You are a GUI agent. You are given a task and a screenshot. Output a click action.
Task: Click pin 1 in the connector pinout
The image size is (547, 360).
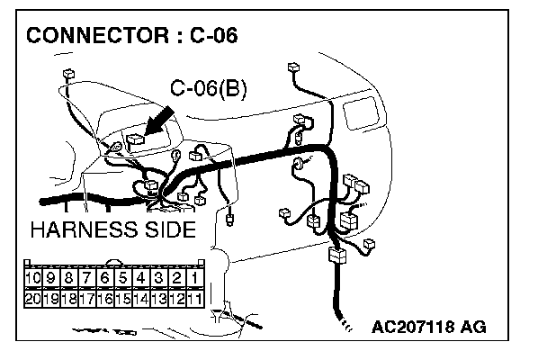coord(194,278)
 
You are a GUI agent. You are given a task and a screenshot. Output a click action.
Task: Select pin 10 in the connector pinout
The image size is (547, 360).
coord(33,278)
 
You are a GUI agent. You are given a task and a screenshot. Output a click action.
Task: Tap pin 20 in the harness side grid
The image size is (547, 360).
coord(33,299)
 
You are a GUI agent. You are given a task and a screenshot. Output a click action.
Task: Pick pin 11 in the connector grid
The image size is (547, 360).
coord(194,299)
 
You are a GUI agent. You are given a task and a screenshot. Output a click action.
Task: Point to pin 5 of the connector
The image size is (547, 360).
coord(122,278)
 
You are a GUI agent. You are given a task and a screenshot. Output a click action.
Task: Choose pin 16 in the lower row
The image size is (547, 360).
coord(105,299)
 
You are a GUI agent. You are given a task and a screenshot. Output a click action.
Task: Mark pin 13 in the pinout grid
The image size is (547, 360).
coord(158,299)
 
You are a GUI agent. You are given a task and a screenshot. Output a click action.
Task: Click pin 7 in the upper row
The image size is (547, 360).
coord(87,278)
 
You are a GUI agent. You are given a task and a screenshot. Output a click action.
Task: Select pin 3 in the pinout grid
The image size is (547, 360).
coord(158,278)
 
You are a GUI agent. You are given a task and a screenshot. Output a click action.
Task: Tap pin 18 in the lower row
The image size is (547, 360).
coord(69,299)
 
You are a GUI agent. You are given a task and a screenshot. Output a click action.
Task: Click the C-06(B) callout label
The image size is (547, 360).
coord(208,88)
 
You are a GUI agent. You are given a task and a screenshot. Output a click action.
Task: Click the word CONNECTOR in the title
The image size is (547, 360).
coord(97,35)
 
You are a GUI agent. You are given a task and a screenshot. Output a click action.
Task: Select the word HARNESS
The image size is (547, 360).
coord(84,229)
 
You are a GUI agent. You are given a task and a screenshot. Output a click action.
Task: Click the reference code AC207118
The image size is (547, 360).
coord(413,327)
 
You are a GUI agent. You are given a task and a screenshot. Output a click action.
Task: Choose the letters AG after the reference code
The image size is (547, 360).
coord(473,327)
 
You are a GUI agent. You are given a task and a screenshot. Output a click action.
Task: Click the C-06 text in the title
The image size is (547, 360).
coord(213,35)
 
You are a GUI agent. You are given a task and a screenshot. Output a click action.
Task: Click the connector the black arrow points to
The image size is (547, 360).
coord(135,142)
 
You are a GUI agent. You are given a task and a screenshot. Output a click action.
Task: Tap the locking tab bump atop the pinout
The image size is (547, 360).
coord(113,262)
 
